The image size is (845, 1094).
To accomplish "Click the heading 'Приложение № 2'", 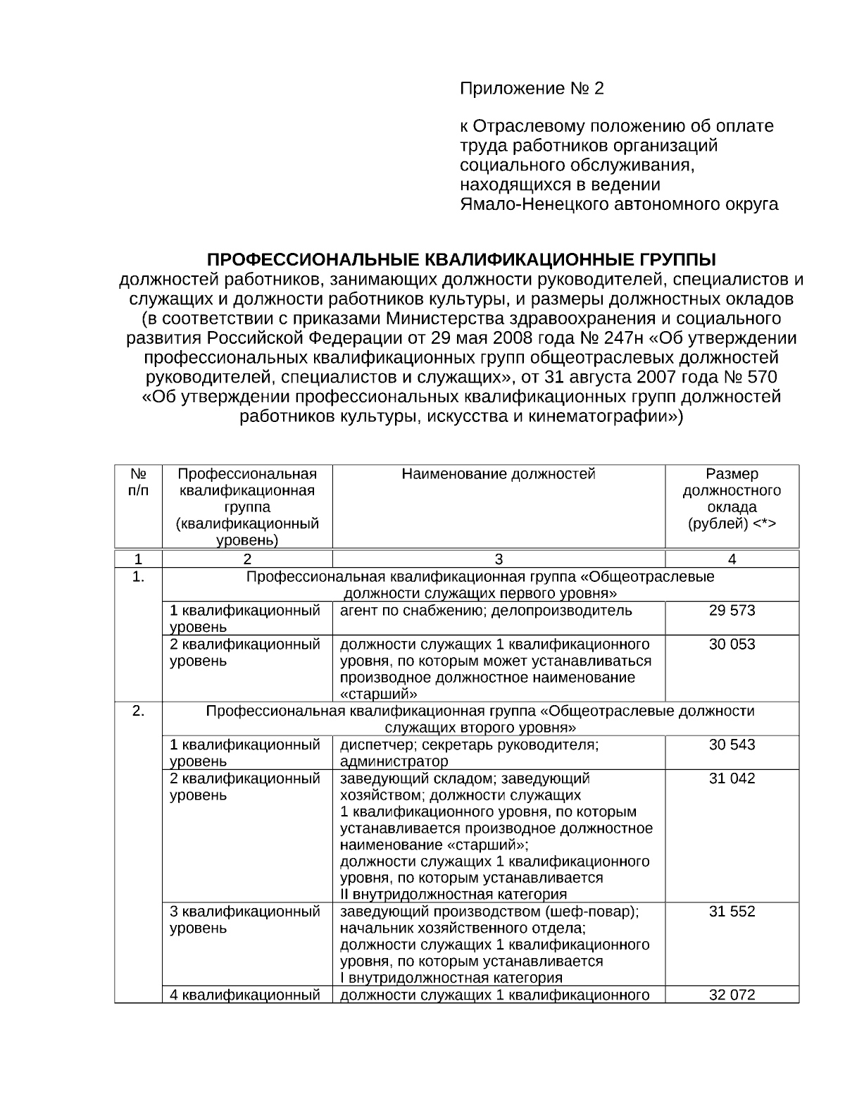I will pyautogui.click(x=532, y=89).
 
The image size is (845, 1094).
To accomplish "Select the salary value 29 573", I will pyautogui.click(x=732, y=611).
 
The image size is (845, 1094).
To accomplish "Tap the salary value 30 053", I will pyautogui.click(x=732, y=645).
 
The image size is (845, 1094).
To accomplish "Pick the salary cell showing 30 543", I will pyautogui.click(x=732, y=745).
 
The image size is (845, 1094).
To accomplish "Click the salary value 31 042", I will pyautogui.click(x=732, y=778).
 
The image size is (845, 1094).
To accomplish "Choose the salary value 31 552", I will pyautogui.click(x=732, y=912).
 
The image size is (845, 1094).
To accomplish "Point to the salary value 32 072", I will pyautogui.click(x=732, y=995).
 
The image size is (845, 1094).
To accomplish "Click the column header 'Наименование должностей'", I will pyautogui.click(x=499, y=474).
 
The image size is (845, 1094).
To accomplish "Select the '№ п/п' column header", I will pyautogui.click(x=138, y=482).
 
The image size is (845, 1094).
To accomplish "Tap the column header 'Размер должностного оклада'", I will pyautogui.click(x=732, y=499).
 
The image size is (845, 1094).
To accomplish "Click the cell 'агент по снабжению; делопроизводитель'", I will pyautogui.click(x=486, y=611).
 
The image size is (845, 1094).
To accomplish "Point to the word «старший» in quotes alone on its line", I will pyautogui.click(x=374, y=694).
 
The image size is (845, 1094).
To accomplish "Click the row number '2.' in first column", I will pyautogui.click(x=138, y=711).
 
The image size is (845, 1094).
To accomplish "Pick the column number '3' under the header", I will pyautogui.click(x=499, y=559).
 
